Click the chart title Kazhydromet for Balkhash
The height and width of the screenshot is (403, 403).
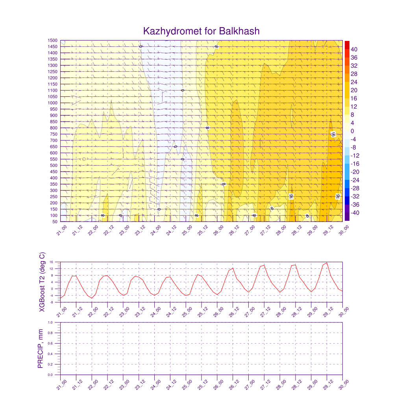(201, 31)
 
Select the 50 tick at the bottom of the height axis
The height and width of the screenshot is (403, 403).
(54, 222)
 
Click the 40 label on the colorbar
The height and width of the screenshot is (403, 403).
(355, 49)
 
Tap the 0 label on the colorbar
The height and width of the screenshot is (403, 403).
(353, 131)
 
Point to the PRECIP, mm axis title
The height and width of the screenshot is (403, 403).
(41, 349)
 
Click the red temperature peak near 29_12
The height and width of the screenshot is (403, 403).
(327, 263)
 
